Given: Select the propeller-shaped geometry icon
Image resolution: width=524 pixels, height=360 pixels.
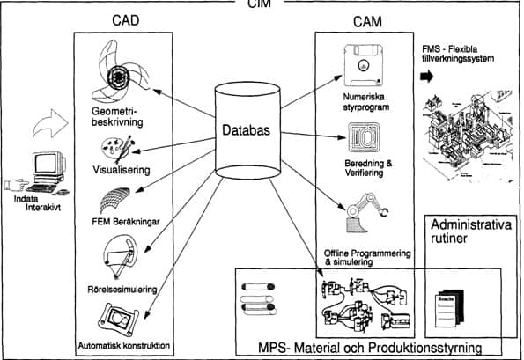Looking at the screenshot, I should (x=113, y=78).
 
